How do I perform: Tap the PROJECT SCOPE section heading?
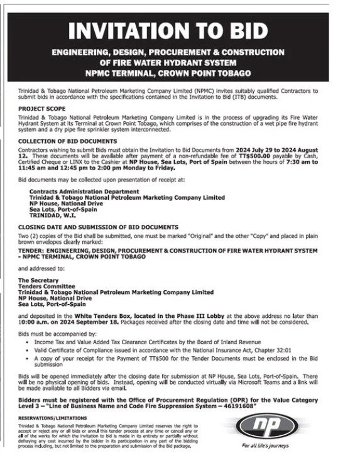tap(40, 108)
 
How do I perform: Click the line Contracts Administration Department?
tap(85, 191)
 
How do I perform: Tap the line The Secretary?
tap(38, 280)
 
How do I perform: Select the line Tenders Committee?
tap(47, 286)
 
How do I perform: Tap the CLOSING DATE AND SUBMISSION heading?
tap(97, 227)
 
